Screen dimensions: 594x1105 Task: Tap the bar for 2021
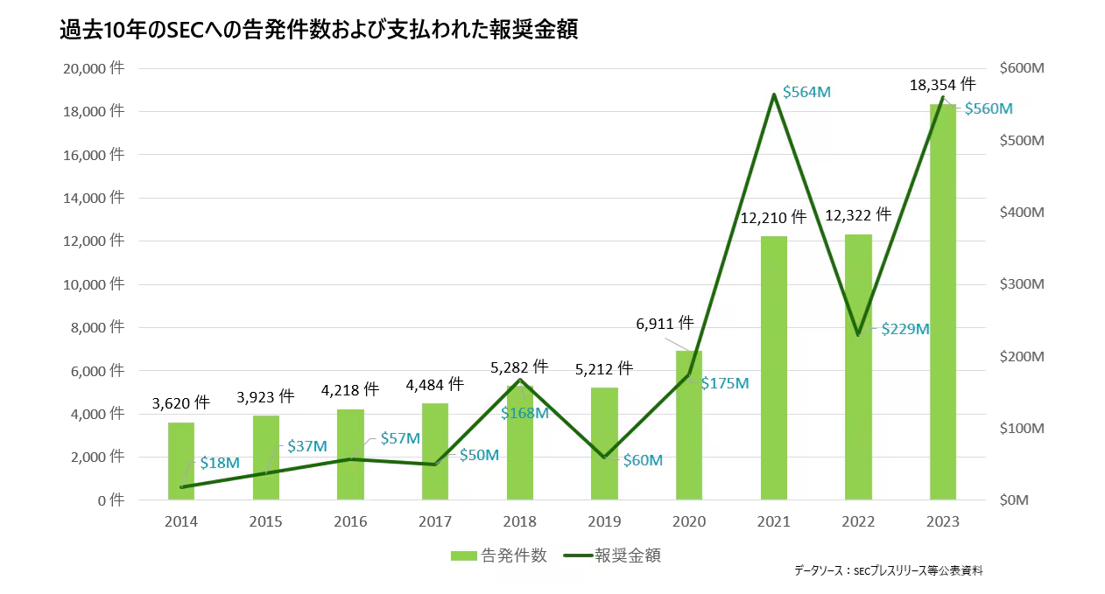pos(774,367)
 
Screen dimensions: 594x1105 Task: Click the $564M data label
pos(806,91)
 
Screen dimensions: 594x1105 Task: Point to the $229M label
pos(904,329)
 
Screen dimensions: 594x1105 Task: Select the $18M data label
pos(219,462)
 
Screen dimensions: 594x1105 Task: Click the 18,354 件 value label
pos(942,85)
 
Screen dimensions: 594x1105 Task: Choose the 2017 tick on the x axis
pos(435,521)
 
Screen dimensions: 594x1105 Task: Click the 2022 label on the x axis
pos(858,521)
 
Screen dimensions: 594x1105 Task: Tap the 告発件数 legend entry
pos(499,556)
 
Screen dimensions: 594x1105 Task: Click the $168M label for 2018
pos(524,413)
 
